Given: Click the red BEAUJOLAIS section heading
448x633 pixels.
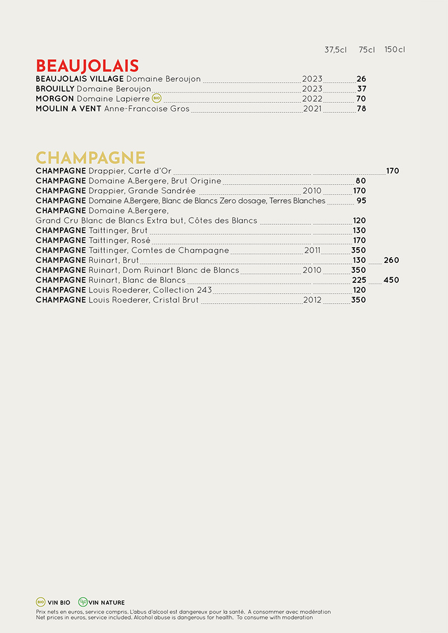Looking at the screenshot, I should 87,65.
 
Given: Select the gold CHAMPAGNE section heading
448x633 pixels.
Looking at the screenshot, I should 90,158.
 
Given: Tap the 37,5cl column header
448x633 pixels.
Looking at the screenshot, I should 335,50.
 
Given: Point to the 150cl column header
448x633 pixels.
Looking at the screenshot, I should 394,50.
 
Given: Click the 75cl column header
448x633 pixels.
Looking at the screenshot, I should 367,50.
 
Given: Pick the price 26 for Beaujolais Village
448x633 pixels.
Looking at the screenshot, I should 361,79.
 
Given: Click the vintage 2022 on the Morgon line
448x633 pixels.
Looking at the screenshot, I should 312,99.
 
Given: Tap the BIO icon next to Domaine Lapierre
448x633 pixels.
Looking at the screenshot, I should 156,98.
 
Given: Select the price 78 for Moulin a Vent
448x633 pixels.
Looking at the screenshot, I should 361,109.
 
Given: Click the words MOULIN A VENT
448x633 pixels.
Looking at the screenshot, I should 68,109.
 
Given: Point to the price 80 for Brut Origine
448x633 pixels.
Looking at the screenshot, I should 361,181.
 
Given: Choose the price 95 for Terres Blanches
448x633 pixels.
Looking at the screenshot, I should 361,201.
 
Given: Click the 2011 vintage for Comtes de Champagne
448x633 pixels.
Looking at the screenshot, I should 312,251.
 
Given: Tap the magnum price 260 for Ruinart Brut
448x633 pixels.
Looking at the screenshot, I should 391,261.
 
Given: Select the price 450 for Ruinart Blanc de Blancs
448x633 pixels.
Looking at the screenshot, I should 391,280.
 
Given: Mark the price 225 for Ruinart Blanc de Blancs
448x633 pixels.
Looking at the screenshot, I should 359,280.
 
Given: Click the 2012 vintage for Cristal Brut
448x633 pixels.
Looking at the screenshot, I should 312,300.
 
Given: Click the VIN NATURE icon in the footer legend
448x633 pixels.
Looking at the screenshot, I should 83,602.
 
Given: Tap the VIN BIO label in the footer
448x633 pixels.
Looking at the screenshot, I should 59,603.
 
